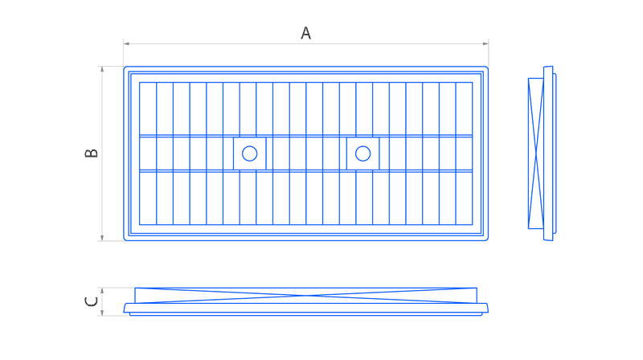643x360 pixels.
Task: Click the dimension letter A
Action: point(306,33)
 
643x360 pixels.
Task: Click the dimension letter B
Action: point(91,153)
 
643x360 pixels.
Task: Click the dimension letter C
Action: point(91,302)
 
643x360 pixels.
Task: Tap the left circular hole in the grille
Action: point(249,153)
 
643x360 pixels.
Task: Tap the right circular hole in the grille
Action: point(363,153)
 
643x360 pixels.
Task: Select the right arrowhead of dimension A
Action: point(485,43)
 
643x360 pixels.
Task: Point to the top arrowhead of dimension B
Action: point(102,69)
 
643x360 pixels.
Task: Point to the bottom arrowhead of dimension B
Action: point(102,237)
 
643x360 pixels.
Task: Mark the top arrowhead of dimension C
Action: point(102,291)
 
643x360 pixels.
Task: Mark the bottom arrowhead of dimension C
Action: point(102,313)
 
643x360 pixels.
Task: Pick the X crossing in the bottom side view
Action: point(306,295)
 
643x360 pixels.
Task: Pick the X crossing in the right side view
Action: point(536,153)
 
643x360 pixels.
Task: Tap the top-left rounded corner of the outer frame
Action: point(125,67)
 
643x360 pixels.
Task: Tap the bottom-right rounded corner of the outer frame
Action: point(487,239)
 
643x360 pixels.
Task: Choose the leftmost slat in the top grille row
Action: point(148,108)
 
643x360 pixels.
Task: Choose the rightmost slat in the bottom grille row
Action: point(465,198)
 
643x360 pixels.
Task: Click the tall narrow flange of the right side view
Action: point(548,153)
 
